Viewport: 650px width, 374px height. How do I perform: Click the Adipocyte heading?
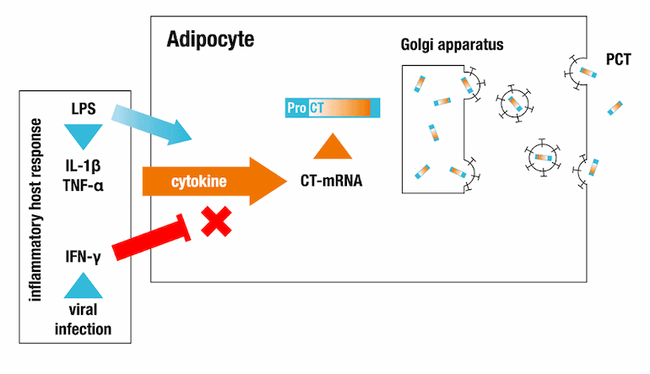pos(210,40)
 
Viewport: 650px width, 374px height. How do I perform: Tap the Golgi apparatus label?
pos(452,43)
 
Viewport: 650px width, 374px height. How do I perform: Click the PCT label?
pos(617,61)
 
